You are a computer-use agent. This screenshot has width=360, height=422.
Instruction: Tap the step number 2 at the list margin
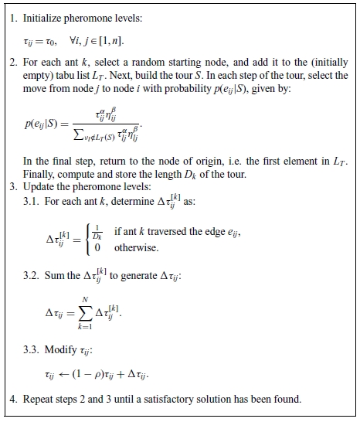[13, 62]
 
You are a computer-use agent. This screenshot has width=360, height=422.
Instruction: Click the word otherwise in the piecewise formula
[136, 249]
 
